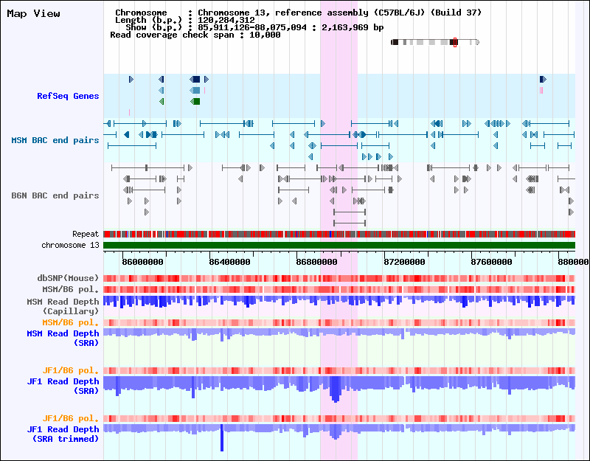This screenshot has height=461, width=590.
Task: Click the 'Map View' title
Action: (x=33, y=13)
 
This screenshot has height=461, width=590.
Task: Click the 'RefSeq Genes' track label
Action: (x=68, y=96)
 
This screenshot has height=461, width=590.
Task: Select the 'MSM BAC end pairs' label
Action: (x=55, y=140)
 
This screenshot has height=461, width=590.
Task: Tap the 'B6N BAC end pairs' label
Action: (x=55, y=195)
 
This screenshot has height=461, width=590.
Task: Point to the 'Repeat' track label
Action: (x=86, y=234)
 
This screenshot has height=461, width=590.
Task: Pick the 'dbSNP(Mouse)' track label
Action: (x=68, y=278)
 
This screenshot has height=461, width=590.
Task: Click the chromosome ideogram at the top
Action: (x=435, y=42)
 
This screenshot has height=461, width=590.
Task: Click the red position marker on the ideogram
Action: (x=455, y=42)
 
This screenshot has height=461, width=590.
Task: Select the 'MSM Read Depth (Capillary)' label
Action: (x=63, y=306)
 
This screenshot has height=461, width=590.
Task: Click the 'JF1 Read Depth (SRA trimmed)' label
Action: (x=63, y=434)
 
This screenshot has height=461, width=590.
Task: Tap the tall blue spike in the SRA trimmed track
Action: (x=222, y=441)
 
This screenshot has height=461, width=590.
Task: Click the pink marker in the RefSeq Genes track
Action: (x=541, y=90)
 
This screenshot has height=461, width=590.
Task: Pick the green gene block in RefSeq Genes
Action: (x=196, y=101)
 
